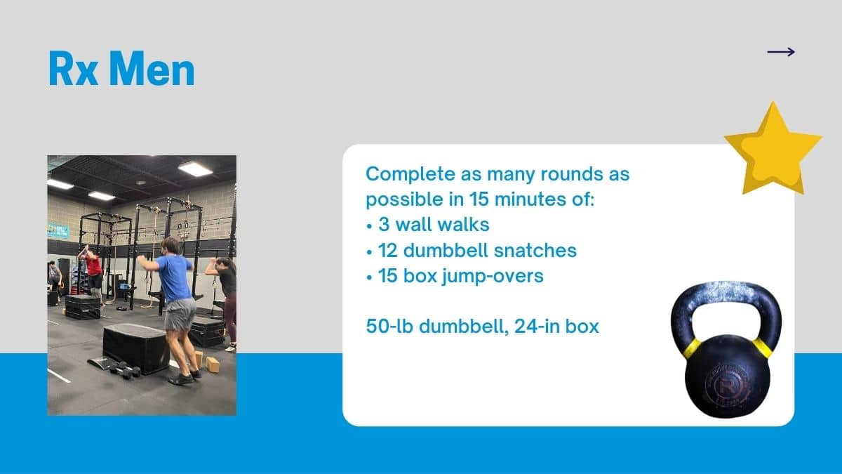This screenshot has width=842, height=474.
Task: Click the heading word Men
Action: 152,69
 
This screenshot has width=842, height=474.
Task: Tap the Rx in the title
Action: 74,69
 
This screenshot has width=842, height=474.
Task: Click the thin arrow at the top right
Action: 781,52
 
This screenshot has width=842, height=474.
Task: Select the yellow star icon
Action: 773,150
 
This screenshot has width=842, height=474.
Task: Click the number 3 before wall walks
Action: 384,225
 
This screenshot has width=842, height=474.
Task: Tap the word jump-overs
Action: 493,277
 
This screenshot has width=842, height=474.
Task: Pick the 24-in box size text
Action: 556,326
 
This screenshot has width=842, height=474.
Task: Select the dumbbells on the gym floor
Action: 125,369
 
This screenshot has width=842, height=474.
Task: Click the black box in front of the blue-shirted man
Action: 136,348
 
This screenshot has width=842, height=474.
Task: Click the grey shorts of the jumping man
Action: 180,314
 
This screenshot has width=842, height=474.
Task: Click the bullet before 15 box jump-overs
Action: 369,277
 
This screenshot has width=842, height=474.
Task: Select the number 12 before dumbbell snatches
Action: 387,251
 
